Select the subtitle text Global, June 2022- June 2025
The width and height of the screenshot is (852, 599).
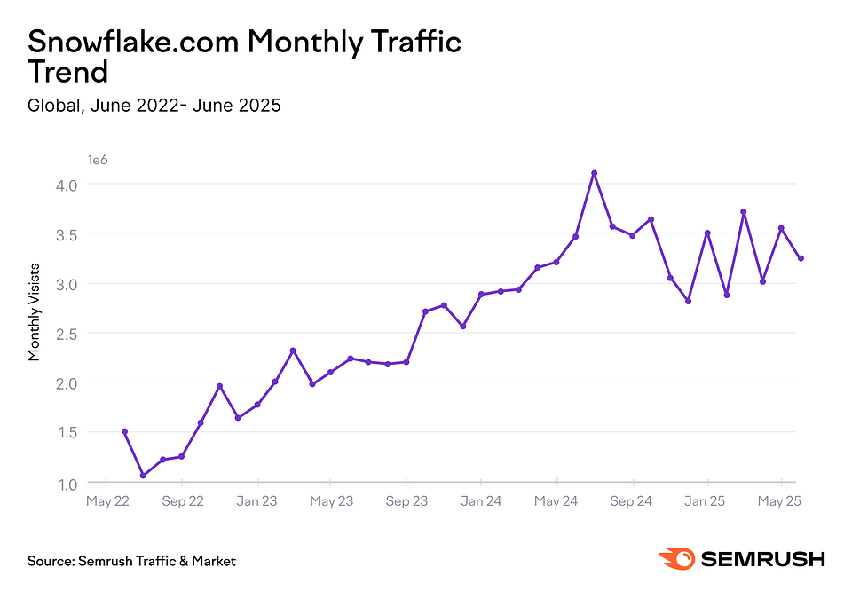(154, 106)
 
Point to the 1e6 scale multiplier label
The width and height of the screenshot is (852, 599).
(97, 160)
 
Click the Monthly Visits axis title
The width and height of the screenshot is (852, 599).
(35, 311)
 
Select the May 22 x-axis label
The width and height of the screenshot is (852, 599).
(107, 501)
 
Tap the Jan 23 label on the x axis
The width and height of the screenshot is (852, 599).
(257, 501)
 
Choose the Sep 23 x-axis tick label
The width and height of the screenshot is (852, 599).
(406, 501)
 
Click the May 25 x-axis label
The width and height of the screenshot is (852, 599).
(780, 501)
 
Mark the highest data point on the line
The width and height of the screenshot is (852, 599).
(595, 173)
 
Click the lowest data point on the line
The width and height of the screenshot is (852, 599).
(143, 476)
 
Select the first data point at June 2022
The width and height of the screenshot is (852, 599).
(124, 431)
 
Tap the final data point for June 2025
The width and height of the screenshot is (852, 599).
(801, 258)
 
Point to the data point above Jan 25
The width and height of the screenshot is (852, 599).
(707, 233)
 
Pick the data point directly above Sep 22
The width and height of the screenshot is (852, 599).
(181, 456)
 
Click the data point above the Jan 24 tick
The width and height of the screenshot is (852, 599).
(481, 294)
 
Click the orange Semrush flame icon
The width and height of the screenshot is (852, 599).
(676, 559)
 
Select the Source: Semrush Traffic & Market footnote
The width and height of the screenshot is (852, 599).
(131, 561)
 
